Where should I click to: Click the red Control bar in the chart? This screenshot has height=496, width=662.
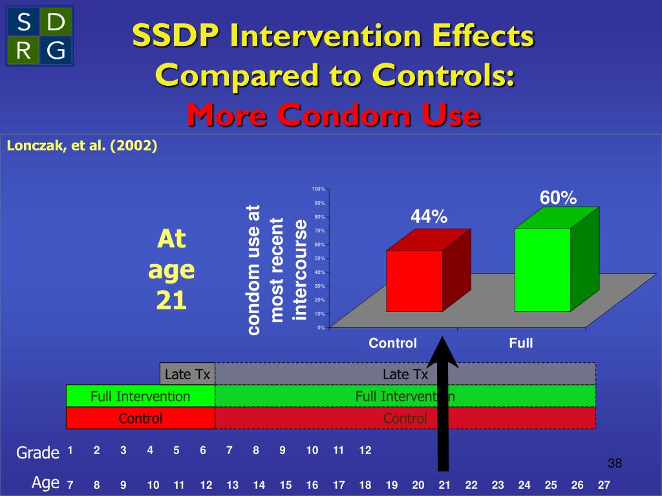tap(414, 280)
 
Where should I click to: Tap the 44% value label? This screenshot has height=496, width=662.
tap(429, 218)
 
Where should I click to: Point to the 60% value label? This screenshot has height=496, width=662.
tap(558, 198)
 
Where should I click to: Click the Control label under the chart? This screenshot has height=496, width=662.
tap(392, 344)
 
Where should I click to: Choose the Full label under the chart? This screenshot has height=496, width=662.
tap(520, 344)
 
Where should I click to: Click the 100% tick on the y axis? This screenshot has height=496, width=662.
tap(318, 189)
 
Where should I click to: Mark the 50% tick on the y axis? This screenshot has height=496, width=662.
tap(319, 258)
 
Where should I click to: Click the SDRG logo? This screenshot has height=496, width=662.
tap(39, 36)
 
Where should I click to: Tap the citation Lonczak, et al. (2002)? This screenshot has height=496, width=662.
tap(82, 146)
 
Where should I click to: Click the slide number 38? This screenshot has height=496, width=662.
tap(614, 464)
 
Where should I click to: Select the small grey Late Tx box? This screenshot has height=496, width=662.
tap(187, 374)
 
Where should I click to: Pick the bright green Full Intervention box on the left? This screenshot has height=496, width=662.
tap(140, 396)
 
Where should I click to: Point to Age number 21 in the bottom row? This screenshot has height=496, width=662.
tap(445, 484)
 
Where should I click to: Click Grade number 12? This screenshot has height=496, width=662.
tap(365, 451)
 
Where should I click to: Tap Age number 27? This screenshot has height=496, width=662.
tap(604, 484)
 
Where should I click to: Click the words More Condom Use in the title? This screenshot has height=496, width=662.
tap(334, 116)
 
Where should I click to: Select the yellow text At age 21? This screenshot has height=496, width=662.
tap(171, 270)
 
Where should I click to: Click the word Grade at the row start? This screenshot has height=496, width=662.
tap(37, 453)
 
